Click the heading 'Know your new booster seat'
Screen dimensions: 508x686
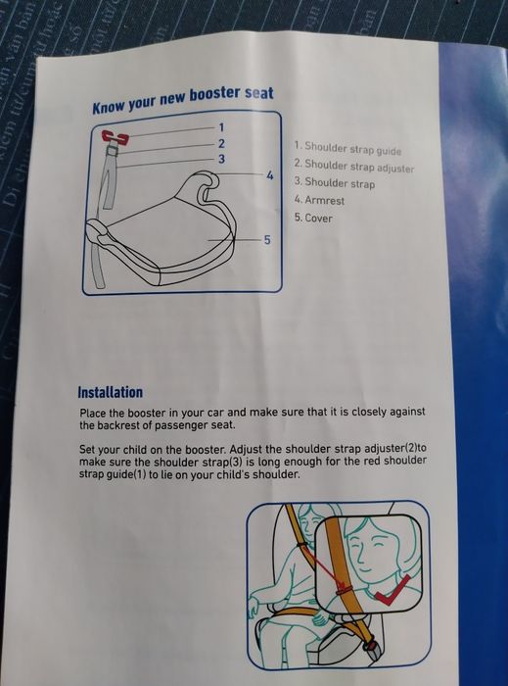183,100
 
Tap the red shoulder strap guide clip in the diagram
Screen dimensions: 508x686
115,137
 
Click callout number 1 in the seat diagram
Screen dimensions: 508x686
221,127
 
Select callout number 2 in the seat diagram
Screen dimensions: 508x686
221,143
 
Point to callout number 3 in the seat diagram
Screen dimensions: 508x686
222,159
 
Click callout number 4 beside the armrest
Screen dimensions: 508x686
270,175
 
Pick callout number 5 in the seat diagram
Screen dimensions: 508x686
267,240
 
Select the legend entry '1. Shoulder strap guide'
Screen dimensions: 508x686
347,148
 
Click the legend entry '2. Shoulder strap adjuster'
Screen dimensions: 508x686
354,166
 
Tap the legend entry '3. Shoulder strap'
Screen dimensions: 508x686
335,182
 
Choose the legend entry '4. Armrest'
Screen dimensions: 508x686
319,200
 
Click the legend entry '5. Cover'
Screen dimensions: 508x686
313,218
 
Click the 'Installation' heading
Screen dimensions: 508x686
110,392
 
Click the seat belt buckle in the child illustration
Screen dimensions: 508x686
372,648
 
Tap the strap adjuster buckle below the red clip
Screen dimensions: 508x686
114,151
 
